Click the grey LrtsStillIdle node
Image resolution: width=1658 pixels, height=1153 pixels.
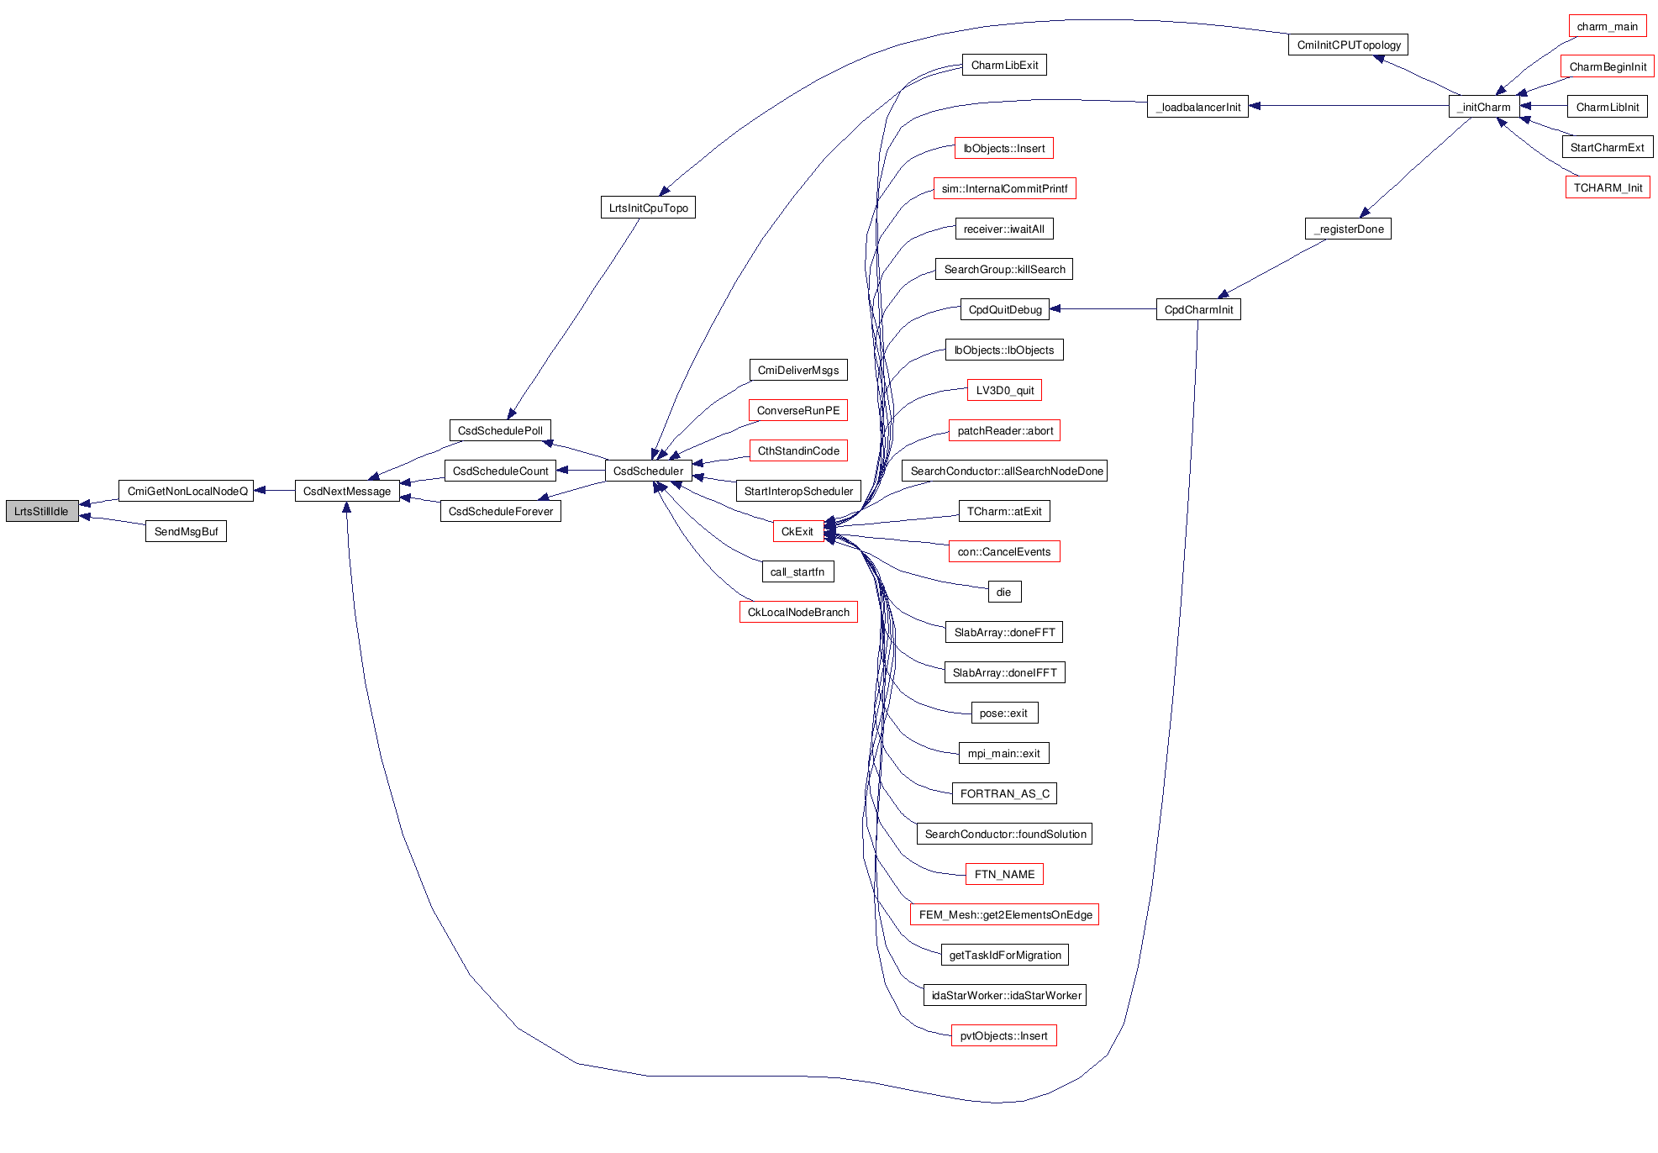pos(42,511)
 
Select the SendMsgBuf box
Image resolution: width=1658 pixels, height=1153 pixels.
pos(186,531)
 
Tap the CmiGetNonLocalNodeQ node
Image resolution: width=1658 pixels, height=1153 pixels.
pos(187,491)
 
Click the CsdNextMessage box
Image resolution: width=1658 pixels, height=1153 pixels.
pos(347,491)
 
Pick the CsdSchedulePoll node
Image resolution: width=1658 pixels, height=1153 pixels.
pos(500,430)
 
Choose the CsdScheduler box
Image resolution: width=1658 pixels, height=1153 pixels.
pos(648,471)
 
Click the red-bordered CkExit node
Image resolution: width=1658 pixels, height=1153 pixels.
pos(797,531)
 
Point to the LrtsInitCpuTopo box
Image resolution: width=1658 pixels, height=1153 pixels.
pos(648,208)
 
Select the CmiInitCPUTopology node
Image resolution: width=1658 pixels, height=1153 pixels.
pos(1348,45)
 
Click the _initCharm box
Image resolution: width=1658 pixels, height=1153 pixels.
pos(1484,107)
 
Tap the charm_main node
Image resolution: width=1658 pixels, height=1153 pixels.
pos(1607,26)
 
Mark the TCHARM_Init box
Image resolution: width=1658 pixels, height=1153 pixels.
pos(1607,187)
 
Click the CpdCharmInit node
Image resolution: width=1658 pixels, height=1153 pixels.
pos(1198,309)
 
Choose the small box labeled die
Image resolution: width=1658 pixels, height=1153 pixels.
pos(1004,592)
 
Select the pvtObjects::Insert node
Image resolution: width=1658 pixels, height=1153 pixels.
pos(1003,1035)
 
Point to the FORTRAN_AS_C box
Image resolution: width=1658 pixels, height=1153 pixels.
pos(1004,793)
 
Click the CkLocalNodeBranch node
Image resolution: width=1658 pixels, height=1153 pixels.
pos(798,612)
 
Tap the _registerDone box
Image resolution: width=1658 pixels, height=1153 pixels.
pos(1348,229)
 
